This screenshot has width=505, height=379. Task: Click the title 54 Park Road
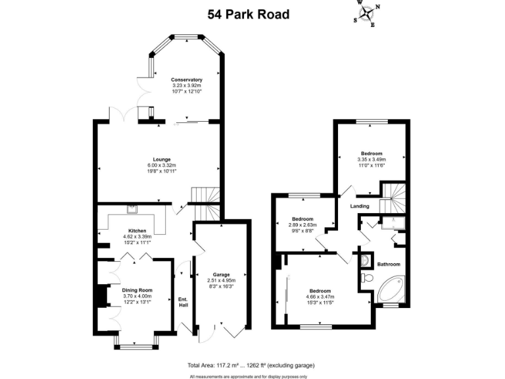coord(249,14)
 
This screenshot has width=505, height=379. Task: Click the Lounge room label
coord(162,159)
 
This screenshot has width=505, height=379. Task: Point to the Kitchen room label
coord(137,230)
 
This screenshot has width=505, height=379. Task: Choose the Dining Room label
coord(137,290)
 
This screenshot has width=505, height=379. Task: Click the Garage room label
coord(221,274)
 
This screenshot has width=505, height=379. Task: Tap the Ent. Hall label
coord(183,302)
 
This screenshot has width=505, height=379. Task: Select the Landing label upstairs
coord(359,207)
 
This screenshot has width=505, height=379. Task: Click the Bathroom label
coord(388,265)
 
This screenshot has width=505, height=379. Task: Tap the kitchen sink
coord(132,210)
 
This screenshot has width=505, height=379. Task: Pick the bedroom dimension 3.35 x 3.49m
coord(371,159)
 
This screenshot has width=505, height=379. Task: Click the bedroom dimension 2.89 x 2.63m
coord(302,224)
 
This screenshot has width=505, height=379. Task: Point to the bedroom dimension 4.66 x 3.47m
coord(320,297)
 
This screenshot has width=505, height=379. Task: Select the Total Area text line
coord(251,365)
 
